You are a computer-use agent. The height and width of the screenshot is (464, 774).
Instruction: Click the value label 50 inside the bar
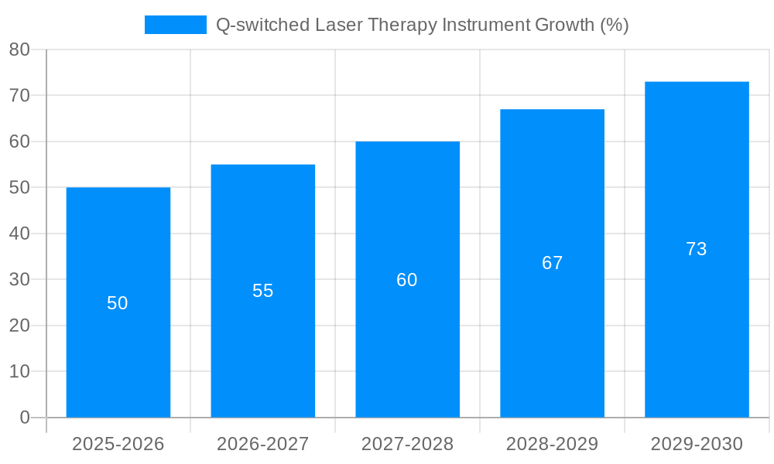tap(118, 303)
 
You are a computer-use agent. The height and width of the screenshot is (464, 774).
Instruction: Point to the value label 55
tap(262, 291)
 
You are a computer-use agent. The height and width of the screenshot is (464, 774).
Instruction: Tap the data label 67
tap(552, 263)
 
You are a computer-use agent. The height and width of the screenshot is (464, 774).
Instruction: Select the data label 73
tap(697, 249)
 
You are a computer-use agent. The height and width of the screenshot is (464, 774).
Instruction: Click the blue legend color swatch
tap(176, 25)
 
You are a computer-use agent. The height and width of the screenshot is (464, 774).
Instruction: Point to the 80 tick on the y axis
tap(19, 49)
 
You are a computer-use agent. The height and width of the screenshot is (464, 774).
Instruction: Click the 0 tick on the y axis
tap(25, 418)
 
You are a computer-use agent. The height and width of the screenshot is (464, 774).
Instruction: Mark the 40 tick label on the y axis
tap(19, 234)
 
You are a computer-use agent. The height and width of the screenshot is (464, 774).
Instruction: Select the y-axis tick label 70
tap(19, 96)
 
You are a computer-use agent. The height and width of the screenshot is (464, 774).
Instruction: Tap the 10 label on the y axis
tap(19, 372)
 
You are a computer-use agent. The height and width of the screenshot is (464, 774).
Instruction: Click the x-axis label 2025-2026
tap(118, 444)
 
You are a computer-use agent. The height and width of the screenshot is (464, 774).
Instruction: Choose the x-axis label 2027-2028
tap(407, 444)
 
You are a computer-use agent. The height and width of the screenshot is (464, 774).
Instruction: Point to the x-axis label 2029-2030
tap(697, 444)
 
